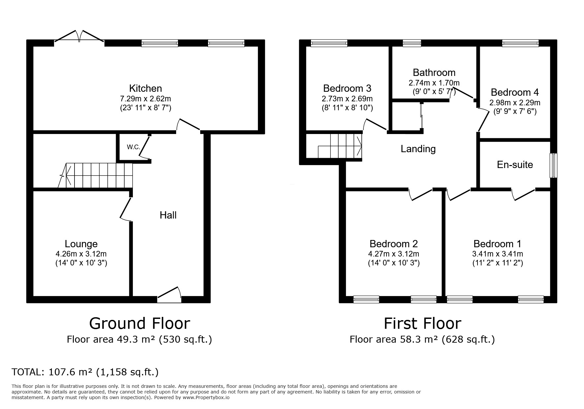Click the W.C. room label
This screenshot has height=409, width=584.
134,147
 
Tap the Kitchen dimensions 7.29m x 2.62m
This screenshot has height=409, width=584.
145,98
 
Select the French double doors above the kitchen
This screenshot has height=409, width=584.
79,37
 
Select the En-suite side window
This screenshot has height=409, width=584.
554,165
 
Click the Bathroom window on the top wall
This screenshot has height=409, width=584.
412,43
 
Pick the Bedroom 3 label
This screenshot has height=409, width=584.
347,88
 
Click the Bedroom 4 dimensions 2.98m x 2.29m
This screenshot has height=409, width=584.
515,103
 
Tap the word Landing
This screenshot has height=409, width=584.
418,149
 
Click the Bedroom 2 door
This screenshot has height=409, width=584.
420,195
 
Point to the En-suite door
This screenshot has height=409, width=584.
524,195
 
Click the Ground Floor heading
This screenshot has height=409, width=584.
139,323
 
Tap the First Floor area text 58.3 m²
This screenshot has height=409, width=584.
422,339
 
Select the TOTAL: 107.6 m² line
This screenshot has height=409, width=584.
85,372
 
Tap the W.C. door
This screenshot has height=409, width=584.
145,147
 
